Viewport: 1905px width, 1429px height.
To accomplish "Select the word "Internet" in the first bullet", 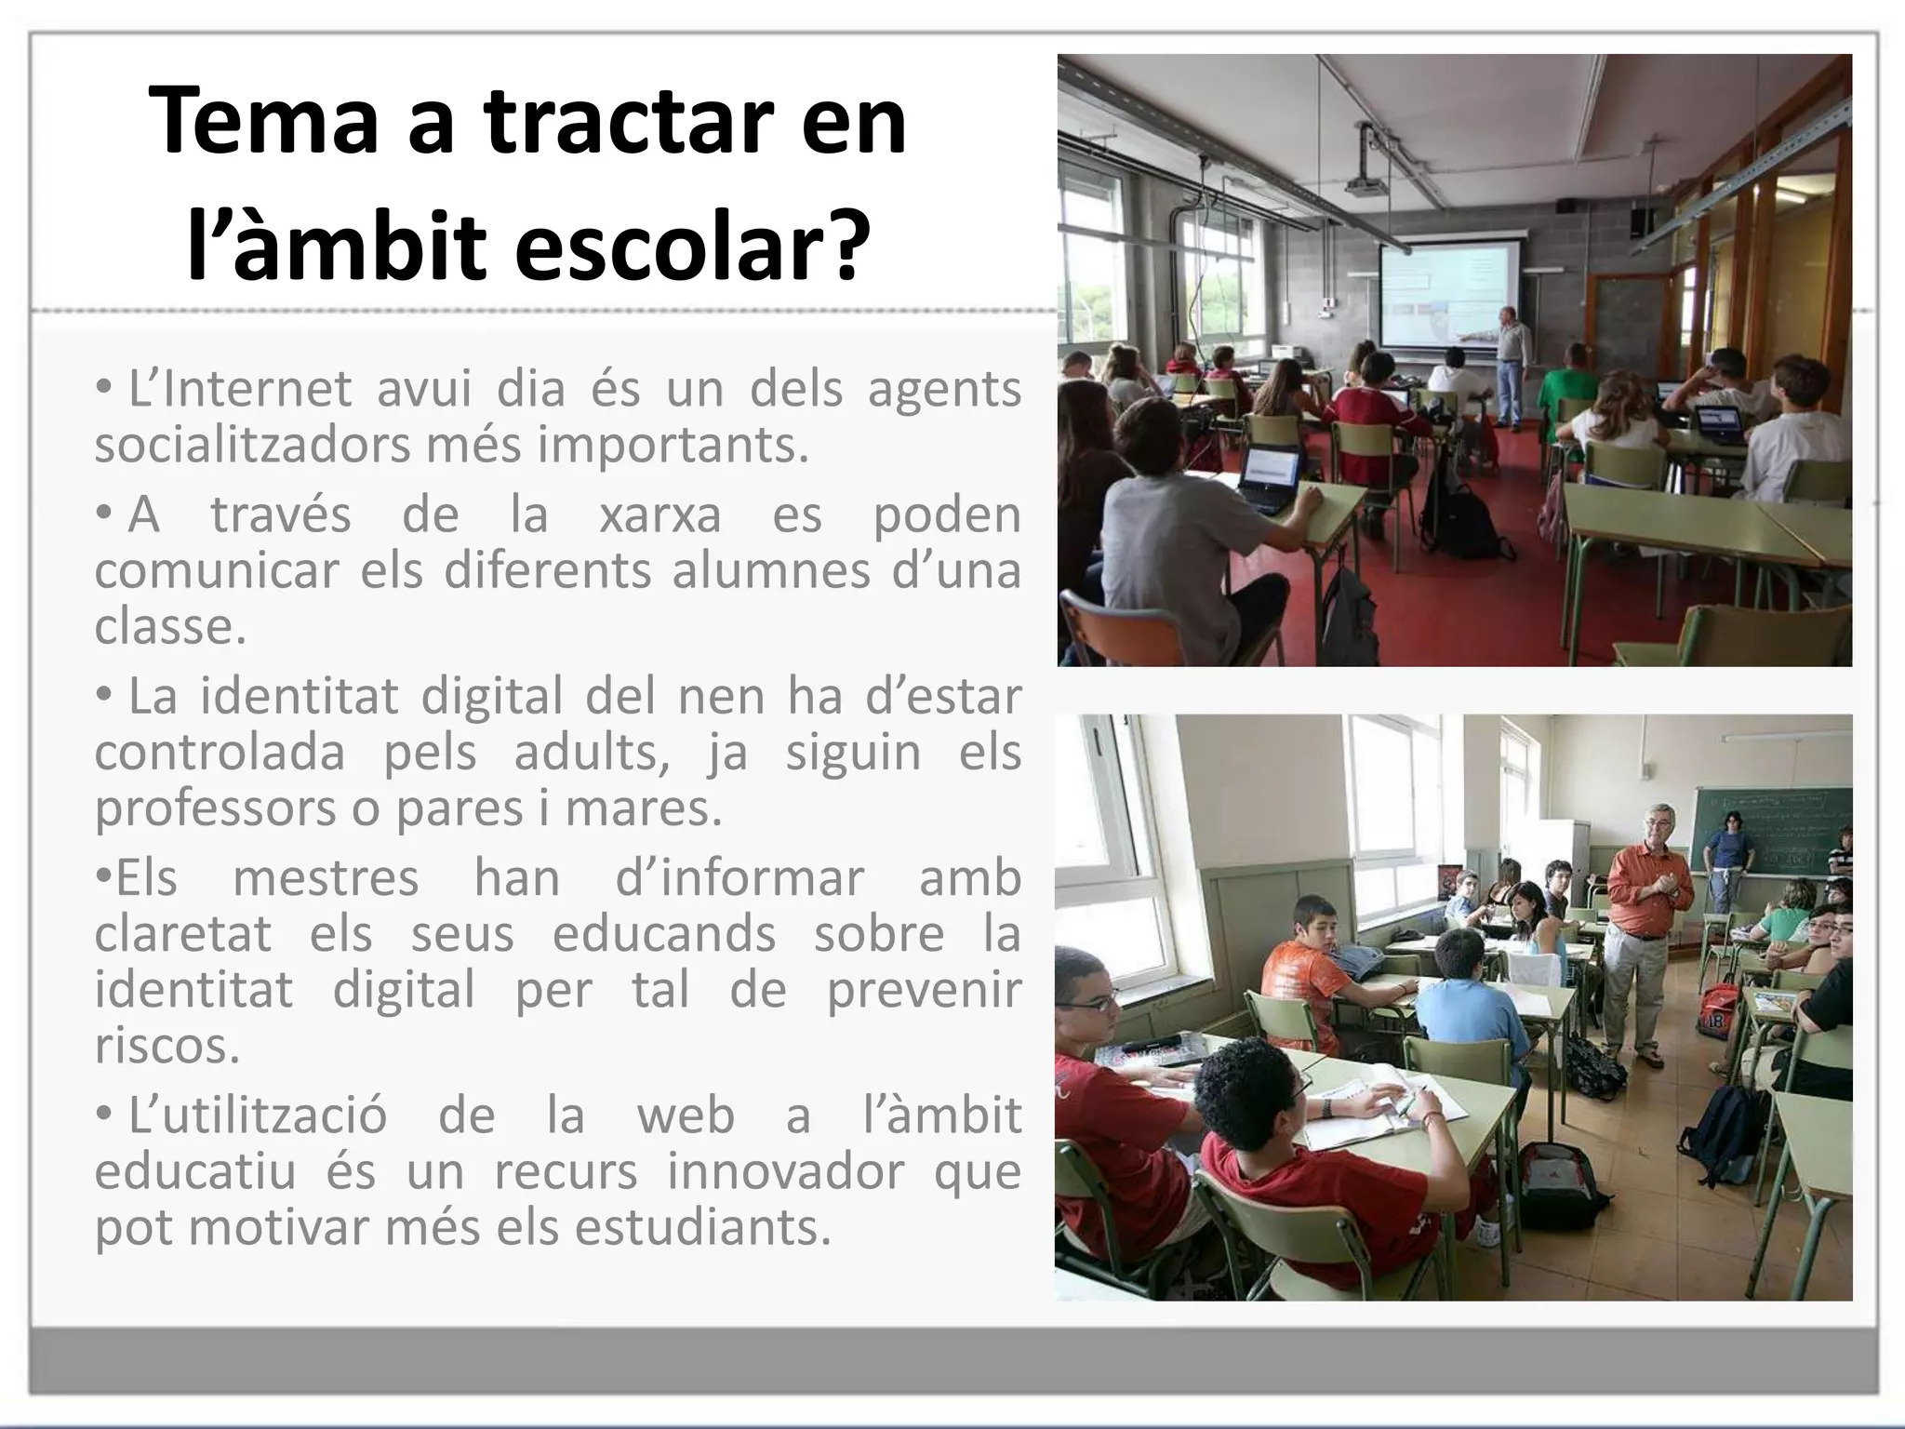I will (240, 389).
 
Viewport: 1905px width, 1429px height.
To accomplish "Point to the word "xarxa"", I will (659, 514).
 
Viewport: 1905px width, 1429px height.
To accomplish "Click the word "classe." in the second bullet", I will (170, 626).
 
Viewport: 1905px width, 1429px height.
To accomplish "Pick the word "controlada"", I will (220, 752).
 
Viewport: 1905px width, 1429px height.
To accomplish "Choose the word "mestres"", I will (326, 877).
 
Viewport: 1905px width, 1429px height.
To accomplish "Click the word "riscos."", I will (167, 1045).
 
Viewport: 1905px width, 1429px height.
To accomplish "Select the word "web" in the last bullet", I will (686, 1115).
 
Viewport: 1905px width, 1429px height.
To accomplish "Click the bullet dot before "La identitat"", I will (105, 696).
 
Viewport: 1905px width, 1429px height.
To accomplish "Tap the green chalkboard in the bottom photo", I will (1767, 828).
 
